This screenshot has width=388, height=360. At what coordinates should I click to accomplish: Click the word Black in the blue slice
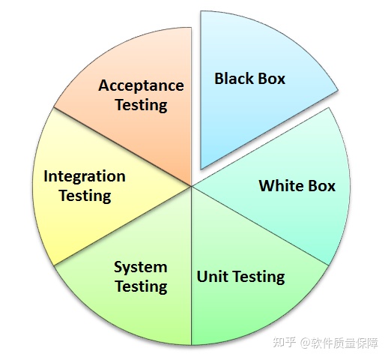tap(234, 79)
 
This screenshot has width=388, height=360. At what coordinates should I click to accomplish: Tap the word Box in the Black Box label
tap(271, 79)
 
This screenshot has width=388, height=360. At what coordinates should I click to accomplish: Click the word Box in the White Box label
tap(321, 186)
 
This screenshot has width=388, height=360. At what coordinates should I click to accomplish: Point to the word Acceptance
tap(141, 85)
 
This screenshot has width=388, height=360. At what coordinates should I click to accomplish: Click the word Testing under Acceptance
tap(141, 105)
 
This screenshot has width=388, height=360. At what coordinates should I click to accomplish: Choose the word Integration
tap(85, 176)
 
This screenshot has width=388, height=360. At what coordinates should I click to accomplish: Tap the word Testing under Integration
tap(85, 196)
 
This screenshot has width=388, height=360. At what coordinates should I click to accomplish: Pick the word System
tap(141, 267)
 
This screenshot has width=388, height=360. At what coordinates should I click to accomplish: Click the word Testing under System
tap(141, 286)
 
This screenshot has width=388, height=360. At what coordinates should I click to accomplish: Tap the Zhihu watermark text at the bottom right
tap(325, 343)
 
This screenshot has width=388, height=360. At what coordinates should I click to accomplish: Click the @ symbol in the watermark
tap(306, 343)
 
